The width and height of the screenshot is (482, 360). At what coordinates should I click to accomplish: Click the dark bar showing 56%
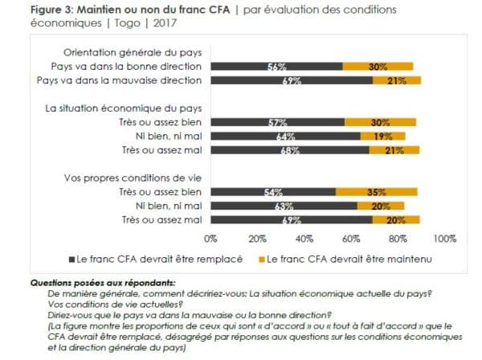[276, 66]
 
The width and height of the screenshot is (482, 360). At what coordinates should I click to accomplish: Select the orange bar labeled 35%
[377, 192]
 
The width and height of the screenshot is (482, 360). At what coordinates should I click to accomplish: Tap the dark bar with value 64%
[285, 136]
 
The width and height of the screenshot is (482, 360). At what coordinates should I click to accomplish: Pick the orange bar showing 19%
[382, 136]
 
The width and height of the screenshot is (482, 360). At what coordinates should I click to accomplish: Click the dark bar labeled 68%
[290, 150]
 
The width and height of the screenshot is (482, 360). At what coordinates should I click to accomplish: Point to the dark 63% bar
[284, 206]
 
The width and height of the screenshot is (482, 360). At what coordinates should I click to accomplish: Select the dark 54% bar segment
[273, 192]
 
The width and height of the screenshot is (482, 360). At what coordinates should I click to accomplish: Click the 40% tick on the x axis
[304, 239]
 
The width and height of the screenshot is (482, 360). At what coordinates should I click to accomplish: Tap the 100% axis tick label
[445, 239]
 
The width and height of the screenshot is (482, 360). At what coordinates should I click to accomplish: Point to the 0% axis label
[210, 239]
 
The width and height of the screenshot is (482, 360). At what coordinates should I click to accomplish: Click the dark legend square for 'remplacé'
[72, 260]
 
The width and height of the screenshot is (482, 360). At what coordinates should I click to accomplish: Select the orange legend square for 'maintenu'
[262, 260]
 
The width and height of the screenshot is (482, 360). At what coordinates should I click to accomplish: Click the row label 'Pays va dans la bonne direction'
[126, 67]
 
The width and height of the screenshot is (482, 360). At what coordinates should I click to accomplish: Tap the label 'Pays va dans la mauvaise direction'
[119, 80]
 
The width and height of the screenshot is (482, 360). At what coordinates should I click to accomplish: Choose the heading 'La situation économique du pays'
[124, 108]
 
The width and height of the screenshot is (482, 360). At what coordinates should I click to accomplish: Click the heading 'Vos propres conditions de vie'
[133, 178]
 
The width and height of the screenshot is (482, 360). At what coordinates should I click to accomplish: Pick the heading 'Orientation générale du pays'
[133, 52]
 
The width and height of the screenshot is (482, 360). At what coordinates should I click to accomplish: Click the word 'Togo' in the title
[127, 23]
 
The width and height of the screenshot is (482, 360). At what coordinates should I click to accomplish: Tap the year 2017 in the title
[165, 23]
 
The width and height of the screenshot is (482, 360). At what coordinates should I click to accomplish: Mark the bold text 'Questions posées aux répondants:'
[103, 283]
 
